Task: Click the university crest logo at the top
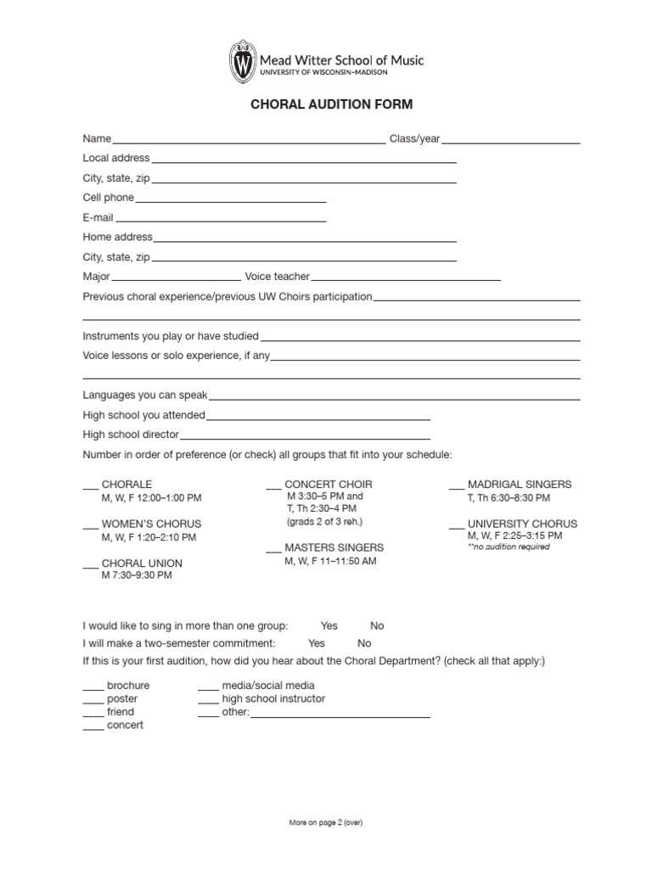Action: click(243, 62)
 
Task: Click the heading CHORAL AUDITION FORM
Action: click(331, 105)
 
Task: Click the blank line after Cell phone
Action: click(230, 201)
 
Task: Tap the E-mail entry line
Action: click(221, 221)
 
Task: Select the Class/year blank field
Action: click(510, 143)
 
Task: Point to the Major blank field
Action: click(176, 279)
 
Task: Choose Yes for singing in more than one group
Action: click(329, 625)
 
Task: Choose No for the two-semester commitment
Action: click(364, 643)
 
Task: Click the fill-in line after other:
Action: click(340, 715)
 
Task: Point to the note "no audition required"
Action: click(509, 547)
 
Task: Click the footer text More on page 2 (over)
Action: click(326, 822)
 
